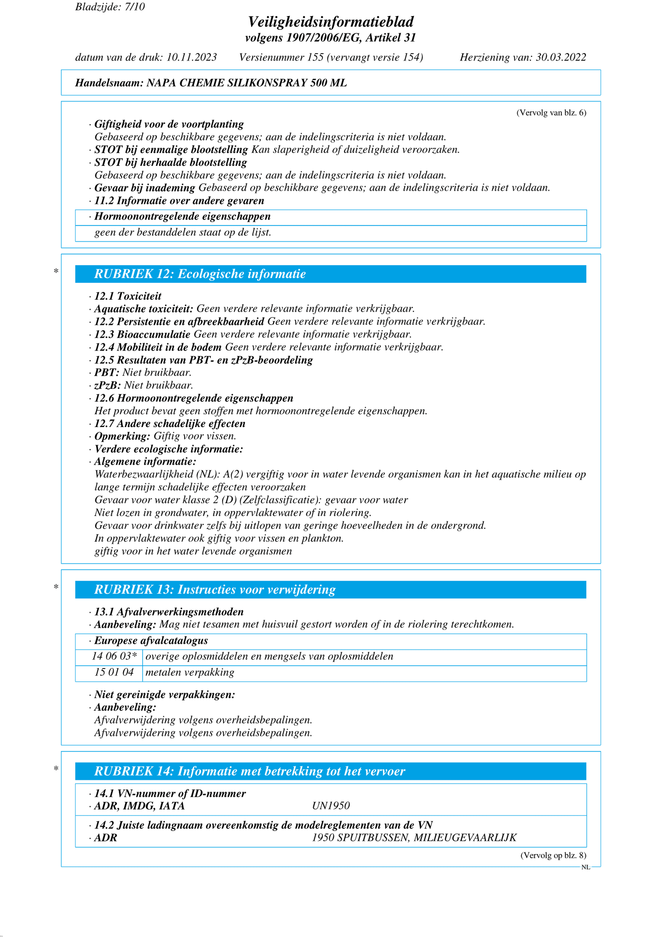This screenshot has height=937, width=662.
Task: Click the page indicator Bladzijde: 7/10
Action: click(x=110, y=7)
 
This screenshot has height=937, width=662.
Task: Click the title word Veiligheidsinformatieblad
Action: click(x=331, y=22)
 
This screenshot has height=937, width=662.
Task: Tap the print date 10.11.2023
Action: click(x=192, y=57)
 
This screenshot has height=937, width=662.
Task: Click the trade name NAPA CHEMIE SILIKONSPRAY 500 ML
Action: click(x=246, y=83)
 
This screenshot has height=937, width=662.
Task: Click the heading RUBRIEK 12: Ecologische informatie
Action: click(x=200, y=274)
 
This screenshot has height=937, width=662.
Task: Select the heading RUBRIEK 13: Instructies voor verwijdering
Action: click(x=215, y=590)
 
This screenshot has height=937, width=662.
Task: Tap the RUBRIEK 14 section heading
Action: click(x=250, y=772)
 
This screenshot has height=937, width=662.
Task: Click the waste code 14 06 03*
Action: click(x=114, y=656)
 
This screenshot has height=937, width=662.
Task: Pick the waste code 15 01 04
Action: click(x=113, y=673)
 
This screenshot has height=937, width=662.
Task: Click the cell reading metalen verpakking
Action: click(x=190, y=673)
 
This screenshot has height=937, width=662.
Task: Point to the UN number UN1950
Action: click(x=331, y=806)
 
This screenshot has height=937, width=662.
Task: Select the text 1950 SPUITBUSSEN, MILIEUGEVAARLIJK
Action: click(x=414, y=838)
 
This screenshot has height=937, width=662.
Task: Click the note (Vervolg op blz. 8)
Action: click(x=553, y=855)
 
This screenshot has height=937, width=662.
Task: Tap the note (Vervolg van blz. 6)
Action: click(x=551, y=113)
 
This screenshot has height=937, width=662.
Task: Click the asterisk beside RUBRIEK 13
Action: click(x=56, y=587)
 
